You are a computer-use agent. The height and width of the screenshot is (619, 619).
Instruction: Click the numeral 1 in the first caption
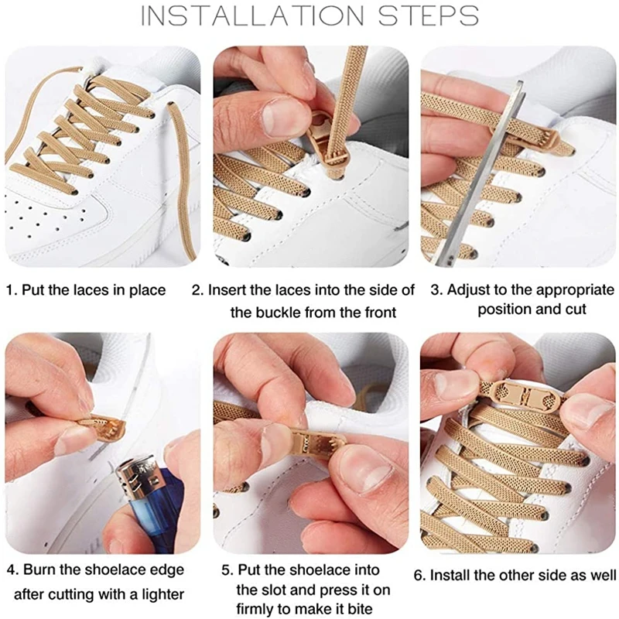click(10, 291)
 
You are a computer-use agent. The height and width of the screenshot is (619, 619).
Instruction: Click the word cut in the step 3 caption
click(576, 309)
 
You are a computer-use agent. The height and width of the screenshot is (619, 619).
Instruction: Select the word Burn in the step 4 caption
click(39, 570)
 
